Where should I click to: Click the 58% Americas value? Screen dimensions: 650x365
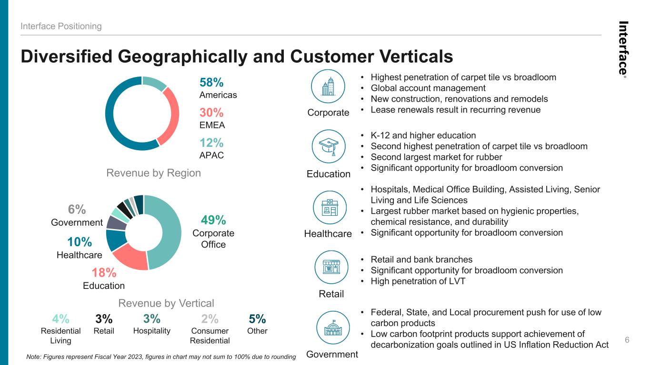211,82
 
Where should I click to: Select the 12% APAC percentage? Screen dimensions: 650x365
211,143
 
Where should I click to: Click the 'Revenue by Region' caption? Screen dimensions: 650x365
153,173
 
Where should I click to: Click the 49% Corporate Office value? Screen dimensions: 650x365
213,220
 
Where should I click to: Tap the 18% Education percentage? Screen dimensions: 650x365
104,273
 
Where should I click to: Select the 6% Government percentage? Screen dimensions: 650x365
77,209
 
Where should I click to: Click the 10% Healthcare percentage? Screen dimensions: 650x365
80,242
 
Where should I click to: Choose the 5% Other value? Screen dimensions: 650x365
257,319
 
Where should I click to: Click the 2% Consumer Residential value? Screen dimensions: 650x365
210,319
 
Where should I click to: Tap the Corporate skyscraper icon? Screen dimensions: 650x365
328,86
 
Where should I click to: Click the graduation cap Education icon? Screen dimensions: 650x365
329,146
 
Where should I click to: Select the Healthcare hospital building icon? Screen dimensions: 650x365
330,207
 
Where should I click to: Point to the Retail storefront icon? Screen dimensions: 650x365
331,267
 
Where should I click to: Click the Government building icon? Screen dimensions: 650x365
333,327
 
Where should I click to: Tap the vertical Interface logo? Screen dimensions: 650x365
623,49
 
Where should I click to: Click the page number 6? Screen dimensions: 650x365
627,340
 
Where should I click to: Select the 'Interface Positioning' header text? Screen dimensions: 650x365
61,26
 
